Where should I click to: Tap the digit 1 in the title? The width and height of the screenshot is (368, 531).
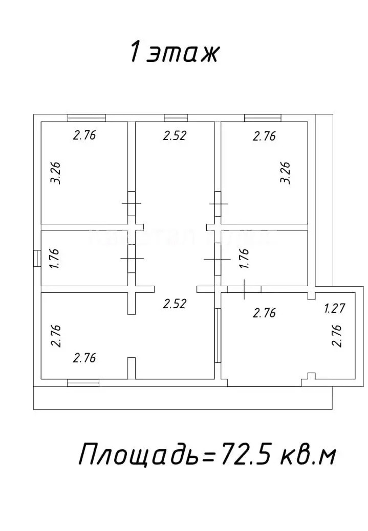pos(135,52)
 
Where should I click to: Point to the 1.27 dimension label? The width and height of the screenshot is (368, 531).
pos(335,308)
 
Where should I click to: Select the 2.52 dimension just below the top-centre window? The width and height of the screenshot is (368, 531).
pos(175,135)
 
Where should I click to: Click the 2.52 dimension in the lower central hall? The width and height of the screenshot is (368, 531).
pos(174,304)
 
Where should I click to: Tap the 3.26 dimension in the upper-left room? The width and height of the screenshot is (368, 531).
pos(57,173)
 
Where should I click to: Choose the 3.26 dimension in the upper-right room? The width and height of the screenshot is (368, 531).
pos(285,173)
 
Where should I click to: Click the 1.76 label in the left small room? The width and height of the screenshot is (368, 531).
pos(57,258)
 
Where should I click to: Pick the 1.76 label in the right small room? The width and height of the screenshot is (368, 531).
pos(244,258)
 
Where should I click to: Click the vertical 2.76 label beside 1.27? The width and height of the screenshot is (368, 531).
pos(336,336)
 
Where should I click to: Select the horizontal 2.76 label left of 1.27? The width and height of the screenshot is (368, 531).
pos(264,313)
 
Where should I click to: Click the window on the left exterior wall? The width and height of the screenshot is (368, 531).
pos(36,258)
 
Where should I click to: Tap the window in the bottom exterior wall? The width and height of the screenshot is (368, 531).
pos(83,382)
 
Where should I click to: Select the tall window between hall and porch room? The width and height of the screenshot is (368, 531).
pos(218,335)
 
